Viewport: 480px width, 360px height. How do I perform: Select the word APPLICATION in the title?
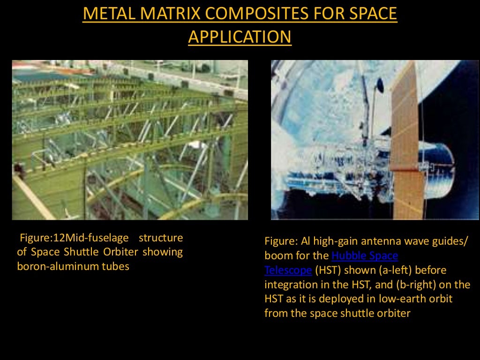(240, 37)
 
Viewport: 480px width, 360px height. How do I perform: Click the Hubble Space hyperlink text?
(365, 256)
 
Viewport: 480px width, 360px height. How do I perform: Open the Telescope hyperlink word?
(288, 270)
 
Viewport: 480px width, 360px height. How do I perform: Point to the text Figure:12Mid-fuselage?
(74, 238)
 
